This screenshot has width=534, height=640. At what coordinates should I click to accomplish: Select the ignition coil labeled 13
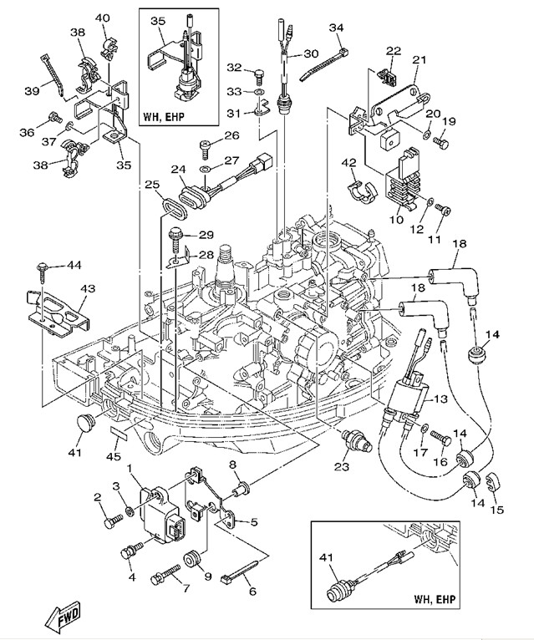click(x=407, y=396)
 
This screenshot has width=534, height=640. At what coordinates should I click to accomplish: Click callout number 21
click(x=419, y=58)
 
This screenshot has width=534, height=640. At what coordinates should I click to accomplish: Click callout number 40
click(x=102, y=18)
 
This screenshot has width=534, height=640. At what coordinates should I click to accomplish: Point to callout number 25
click(x=150, y=184)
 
